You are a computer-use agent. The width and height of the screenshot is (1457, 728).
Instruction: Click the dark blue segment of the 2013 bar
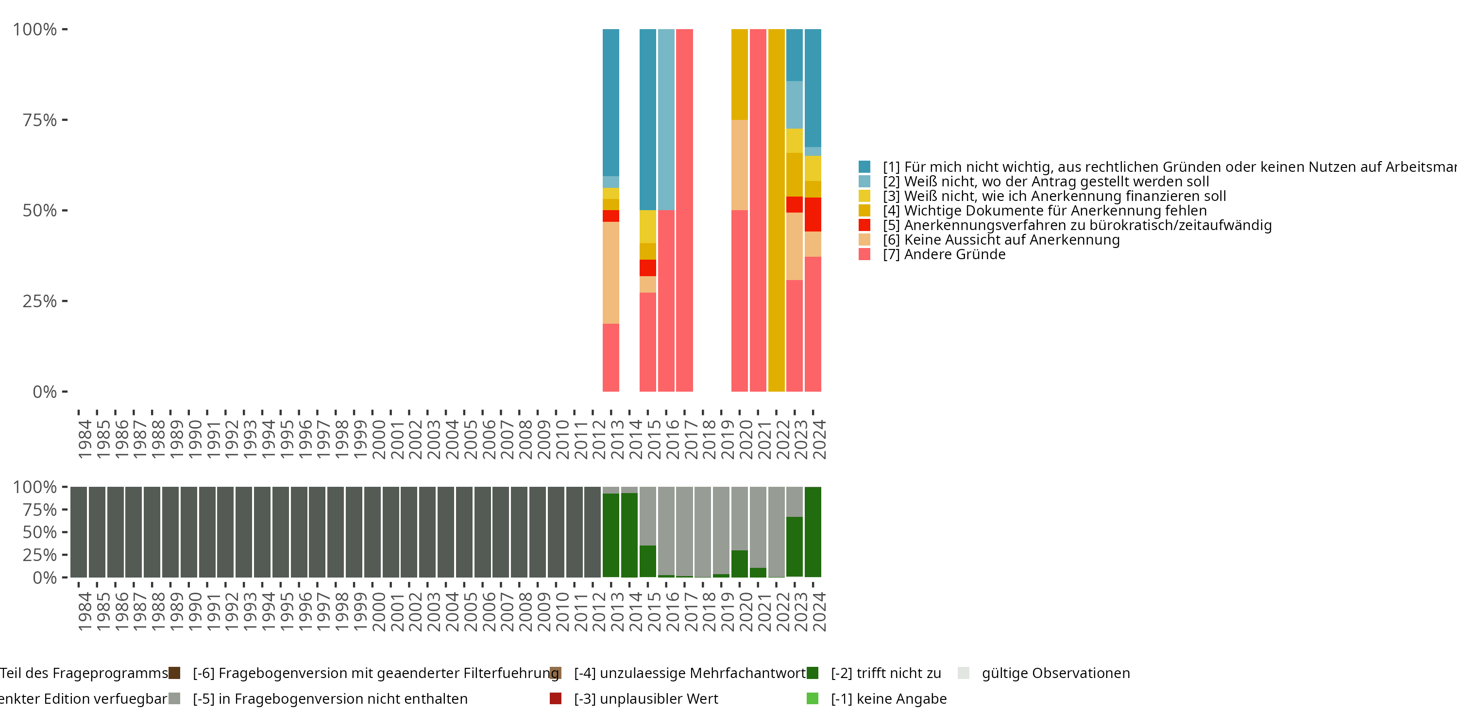coord(611,102)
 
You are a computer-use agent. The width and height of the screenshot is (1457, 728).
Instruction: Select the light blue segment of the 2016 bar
coord(666,119)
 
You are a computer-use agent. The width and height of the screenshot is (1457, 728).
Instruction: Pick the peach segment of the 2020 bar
coord(739,165)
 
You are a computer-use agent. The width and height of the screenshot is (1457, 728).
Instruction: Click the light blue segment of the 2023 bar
coord(795,104)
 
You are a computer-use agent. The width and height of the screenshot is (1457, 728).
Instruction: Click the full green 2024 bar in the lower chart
coord(813,531)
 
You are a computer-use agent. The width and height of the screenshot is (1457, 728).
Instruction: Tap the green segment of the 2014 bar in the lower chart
coord(629,535)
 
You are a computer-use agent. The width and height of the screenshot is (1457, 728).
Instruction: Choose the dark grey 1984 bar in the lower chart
coord(79,531)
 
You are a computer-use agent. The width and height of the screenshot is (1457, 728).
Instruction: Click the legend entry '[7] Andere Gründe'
coord(955,254)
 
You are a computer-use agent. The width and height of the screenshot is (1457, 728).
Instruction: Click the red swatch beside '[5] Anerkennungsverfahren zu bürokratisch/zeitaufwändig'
coord(864,225)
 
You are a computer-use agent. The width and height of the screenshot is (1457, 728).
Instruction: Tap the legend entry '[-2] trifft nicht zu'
coord(886,673)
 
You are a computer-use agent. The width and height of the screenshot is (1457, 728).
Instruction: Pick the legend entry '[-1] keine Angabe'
coord(889,698)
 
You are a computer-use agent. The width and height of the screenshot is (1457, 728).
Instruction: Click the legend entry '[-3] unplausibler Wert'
coord(646,698)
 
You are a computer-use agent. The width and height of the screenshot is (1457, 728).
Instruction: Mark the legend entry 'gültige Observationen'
coord(1055,673)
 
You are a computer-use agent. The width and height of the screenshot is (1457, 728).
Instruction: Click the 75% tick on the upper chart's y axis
coord(64,120)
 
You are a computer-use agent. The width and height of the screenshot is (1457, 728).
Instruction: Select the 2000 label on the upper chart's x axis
coord(378,439)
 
